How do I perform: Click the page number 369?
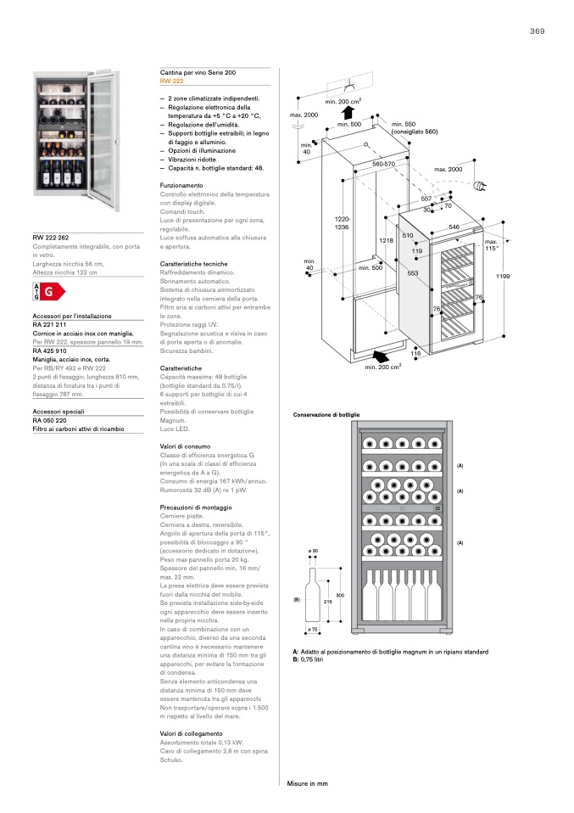point(538,31)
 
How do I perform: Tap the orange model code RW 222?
point(171,81)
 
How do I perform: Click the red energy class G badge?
point(49,292)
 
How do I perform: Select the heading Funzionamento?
point(181,186)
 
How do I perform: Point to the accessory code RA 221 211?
point(50,324)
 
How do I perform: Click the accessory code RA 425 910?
point(50,350)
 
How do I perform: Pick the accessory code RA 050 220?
point(50,420)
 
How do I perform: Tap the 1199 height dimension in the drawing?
point(503,277)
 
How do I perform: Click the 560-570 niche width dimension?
point(383,164)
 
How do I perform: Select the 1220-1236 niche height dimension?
point(342,223)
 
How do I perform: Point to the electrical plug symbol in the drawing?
point(480,186)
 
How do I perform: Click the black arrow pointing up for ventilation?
point(348,113)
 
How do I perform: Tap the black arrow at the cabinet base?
point(381,356)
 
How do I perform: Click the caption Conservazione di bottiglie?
point(326,415)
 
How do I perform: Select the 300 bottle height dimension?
point(340,595)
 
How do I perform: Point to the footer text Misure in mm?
point(307,783)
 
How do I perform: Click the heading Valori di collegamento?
point(191,734)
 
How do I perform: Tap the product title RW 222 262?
point(51,238)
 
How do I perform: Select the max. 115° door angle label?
point(492,244)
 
